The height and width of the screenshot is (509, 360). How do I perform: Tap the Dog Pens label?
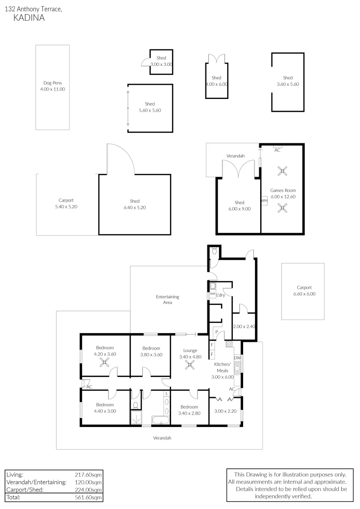click(x=52, y=83)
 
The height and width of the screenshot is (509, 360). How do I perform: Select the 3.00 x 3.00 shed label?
click(x=161, y=64)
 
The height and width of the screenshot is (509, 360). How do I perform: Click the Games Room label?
click(x=282, y=190)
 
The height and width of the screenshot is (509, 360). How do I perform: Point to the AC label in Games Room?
click(x=278, y=150)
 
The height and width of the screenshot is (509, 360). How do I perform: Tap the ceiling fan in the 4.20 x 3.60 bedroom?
click(x=105, y=362)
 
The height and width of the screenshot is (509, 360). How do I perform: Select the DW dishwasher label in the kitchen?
click(x=237, y=358)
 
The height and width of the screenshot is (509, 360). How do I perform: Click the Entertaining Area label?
click(x=168, y=299)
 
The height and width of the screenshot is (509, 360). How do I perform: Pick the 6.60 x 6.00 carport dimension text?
click(x=304, y=294)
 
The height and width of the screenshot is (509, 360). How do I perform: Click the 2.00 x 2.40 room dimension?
click(x=244, y=326)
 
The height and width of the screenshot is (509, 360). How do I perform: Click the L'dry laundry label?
click(x=221, y=295)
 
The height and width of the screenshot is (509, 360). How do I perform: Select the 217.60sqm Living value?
click(x=88, y=475)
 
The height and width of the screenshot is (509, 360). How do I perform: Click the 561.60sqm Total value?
click(x=88, y=497)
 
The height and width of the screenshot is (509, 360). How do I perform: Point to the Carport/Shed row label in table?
click(x=24, y=490)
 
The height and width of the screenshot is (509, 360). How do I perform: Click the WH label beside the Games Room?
click(x=264, y=200)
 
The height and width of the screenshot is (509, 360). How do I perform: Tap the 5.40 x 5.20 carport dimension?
click(x=66, y=206)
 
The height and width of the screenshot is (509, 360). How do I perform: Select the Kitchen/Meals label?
click(x=222, y=368)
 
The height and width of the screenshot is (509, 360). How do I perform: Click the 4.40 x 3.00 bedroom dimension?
click(x=105, y=411)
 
